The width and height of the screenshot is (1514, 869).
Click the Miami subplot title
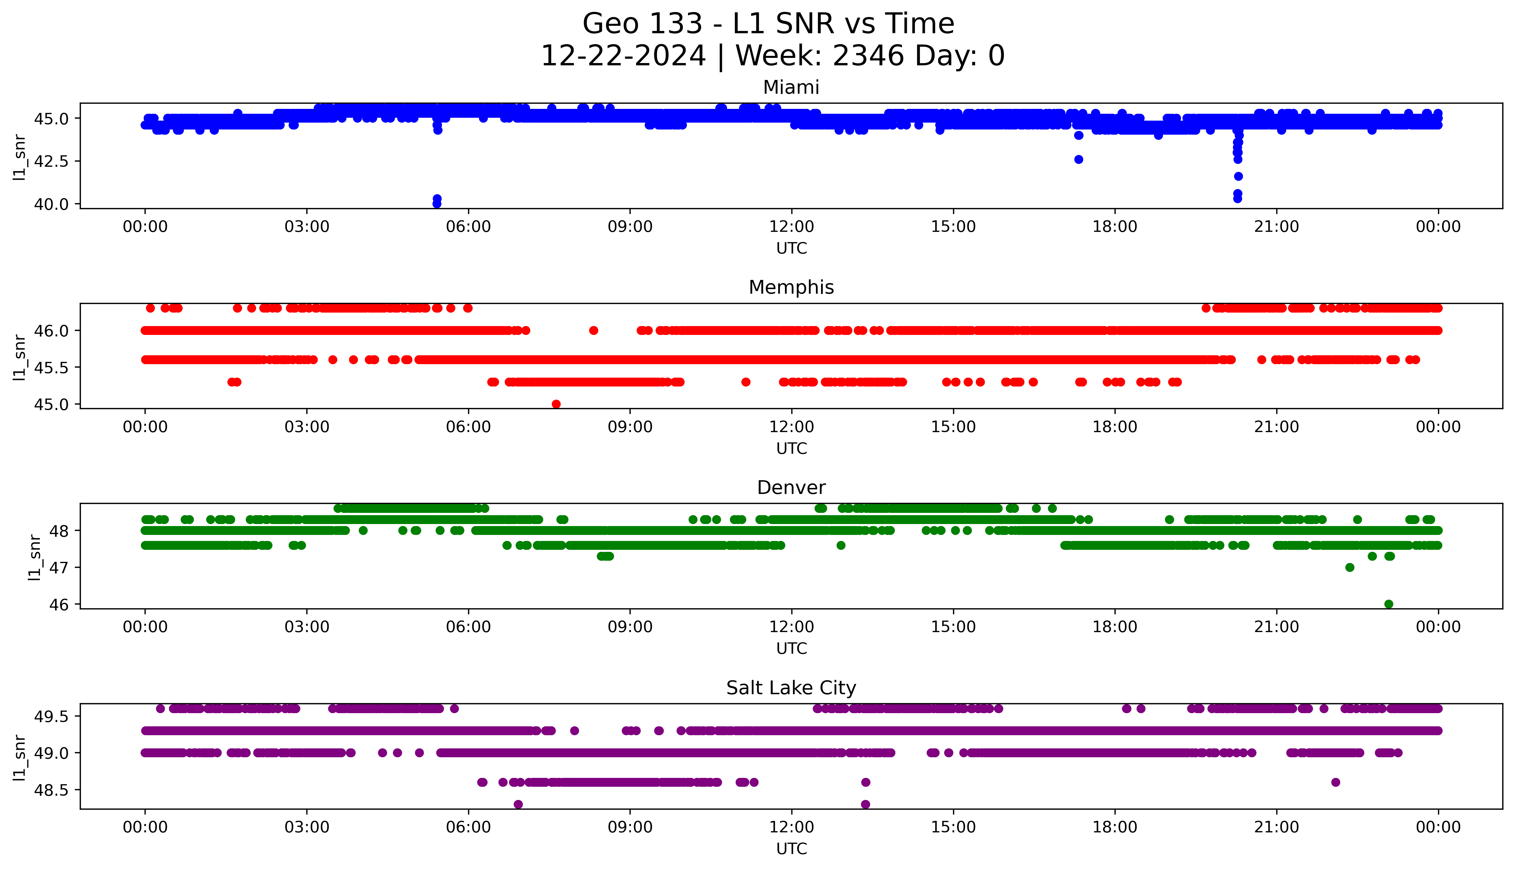(x=791, y=88)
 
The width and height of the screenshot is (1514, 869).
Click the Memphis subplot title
(x=791, y=288)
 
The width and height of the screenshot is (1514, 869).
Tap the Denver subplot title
(x=791, y=488)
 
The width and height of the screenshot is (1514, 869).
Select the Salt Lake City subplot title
(x=791, y=688)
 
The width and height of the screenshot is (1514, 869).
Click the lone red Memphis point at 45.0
(x=556, y=404)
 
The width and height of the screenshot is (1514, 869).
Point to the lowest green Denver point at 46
(x=1389, y=604)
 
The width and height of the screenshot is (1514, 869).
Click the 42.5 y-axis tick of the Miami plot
(x=52, y=161)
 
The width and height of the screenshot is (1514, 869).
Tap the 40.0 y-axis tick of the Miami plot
(x=52, y=204)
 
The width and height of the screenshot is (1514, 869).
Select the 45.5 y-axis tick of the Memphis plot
(x=52, y=368)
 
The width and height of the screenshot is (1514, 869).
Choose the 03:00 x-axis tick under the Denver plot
(x=307, y=627)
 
